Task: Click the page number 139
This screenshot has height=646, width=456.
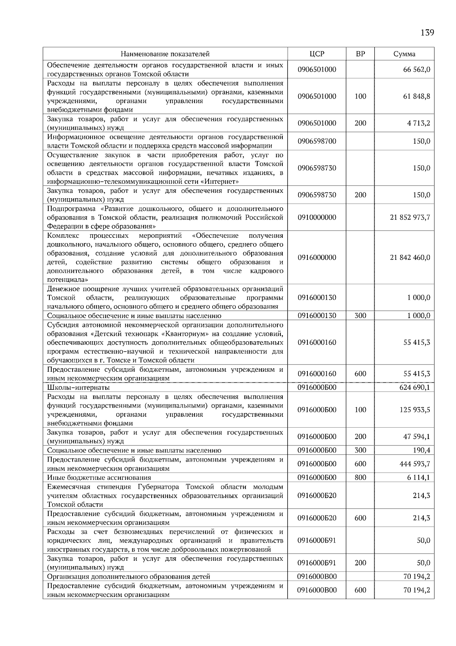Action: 427,32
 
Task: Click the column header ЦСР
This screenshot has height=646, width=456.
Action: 317,54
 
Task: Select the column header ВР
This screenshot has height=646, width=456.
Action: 360,54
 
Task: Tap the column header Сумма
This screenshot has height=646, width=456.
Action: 404,54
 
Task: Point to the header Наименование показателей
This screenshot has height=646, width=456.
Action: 165,54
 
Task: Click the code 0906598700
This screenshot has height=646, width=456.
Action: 317,141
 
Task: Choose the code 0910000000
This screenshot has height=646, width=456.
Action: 317,217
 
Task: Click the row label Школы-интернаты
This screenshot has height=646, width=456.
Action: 78,387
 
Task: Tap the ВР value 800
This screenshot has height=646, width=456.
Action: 360,477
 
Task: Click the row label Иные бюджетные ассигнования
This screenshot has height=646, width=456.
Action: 99,477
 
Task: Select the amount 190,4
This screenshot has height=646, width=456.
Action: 421,450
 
